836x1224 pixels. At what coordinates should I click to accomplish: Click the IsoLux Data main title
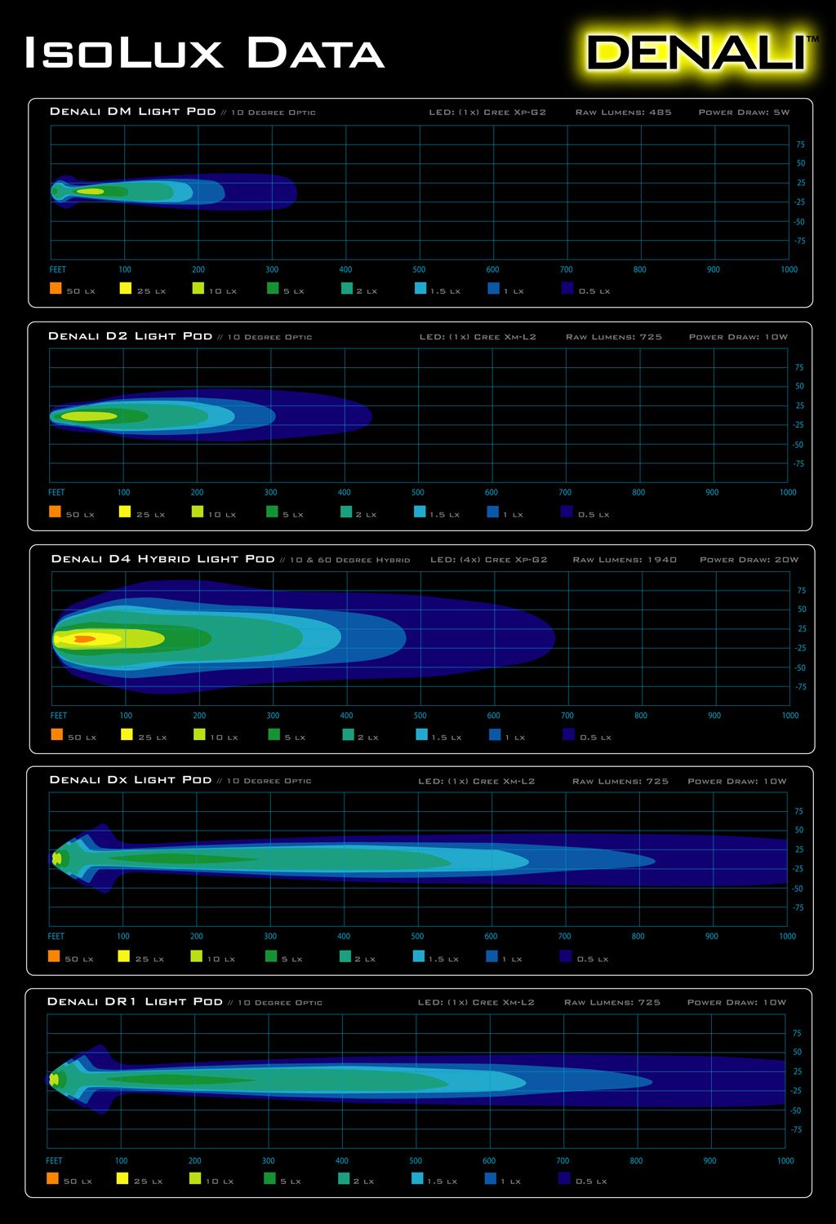(204, 54)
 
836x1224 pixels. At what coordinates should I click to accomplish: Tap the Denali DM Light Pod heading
(133, 112)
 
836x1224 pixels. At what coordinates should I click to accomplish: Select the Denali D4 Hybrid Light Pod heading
(162, 559)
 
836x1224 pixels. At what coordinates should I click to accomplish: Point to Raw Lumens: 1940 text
(625, 560)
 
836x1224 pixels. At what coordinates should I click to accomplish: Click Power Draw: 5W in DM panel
(744, 112)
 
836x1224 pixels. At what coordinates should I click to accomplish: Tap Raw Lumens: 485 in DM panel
(623, 112)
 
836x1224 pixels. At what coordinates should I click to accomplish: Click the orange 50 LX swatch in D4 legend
(56, 734)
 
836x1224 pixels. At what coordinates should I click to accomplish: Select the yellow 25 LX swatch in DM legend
(126, 288)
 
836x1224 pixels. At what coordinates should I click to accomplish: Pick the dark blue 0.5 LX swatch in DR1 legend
(564, 1178)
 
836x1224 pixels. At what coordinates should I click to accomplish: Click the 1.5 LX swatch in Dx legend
(419, 956)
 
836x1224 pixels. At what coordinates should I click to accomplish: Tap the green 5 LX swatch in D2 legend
(272, 512)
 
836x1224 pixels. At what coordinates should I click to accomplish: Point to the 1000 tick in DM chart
(789, 269)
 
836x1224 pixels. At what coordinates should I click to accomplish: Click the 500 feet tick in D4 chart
(420, 716)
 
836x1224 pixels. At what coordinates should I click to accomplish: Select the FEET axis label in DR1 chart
(54, 1160)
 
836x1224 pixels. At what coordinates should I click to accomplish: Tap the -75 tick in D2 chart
(798, 463)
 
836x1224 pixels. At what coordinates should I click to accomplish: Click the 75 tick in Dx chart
(798, 811)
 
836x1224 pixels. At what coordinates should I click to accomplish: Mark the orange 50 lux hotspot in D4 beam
(84, 639)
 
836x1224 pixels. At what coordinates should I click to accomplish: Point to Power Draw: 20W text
(749, 560)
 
